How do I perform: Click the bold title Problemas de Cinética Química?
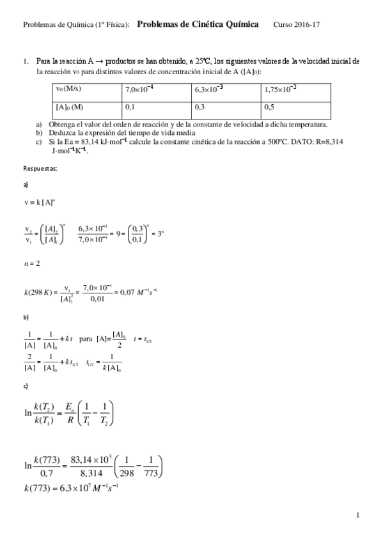tap(198, 24)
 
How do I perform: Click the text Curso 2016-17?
tap(296, 24)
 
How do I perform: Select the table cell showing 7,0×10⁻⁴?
tap(157, 89)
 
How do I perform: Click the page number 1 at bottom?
tap(358, 515)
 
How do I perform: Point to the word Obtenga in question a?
tap(60, 125)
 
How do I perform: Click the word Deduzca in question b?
tap(60, 132)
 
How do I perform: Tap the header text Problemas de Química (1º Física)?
tap(76, 24)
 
